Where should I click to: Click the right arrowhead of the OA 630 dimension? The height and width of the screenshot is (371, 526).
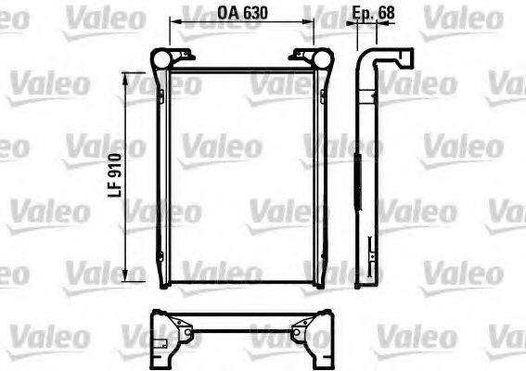coord(309,25)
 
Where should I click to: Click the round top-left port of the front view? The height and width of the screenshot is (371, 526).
coord(159,59)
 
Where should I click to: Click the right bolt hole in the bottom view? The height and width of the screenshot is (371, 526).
coord(301,327)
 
